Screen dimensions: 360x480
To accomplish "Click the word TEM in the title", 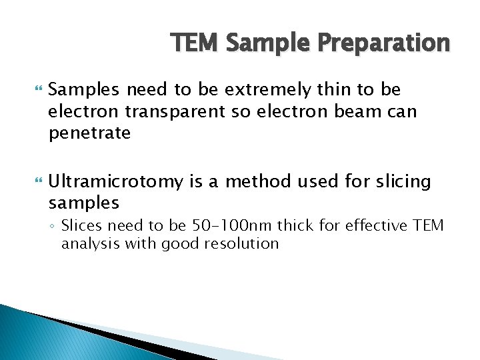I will (195, 43).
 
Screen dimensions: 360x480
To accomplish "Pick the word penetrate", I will (89, 133).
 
